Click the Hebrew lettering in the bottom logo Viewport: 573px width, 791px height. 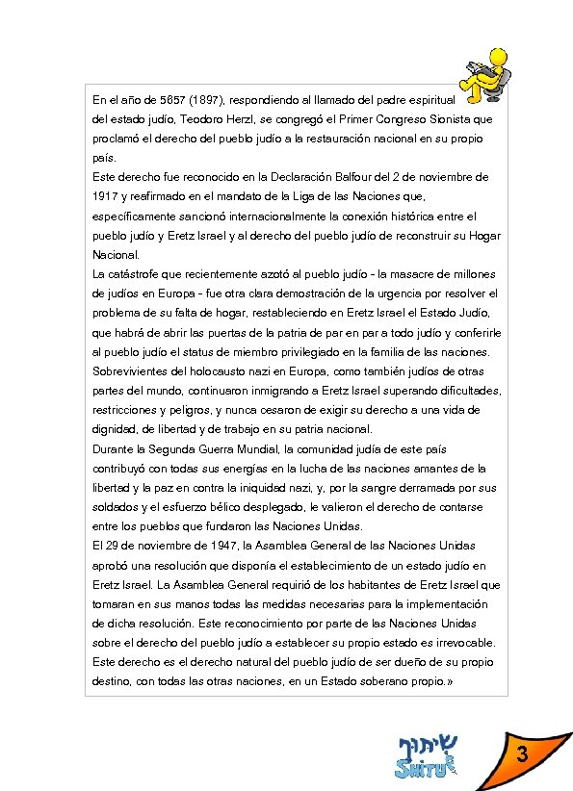(x=430, y=745)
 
